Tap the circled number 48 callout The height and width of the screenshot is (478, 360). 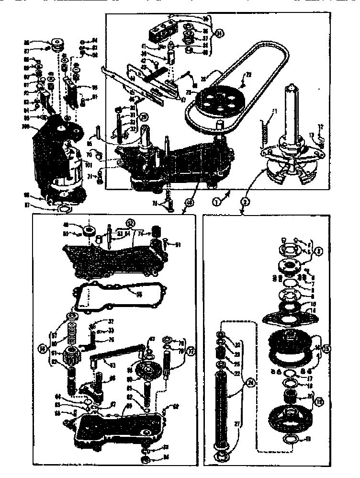(x=190, y=203)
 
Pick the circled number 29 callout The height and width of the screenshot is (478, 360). (x=142, y=116)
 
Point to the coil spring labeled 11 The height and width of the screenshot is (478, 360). (x=263, y=130)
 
